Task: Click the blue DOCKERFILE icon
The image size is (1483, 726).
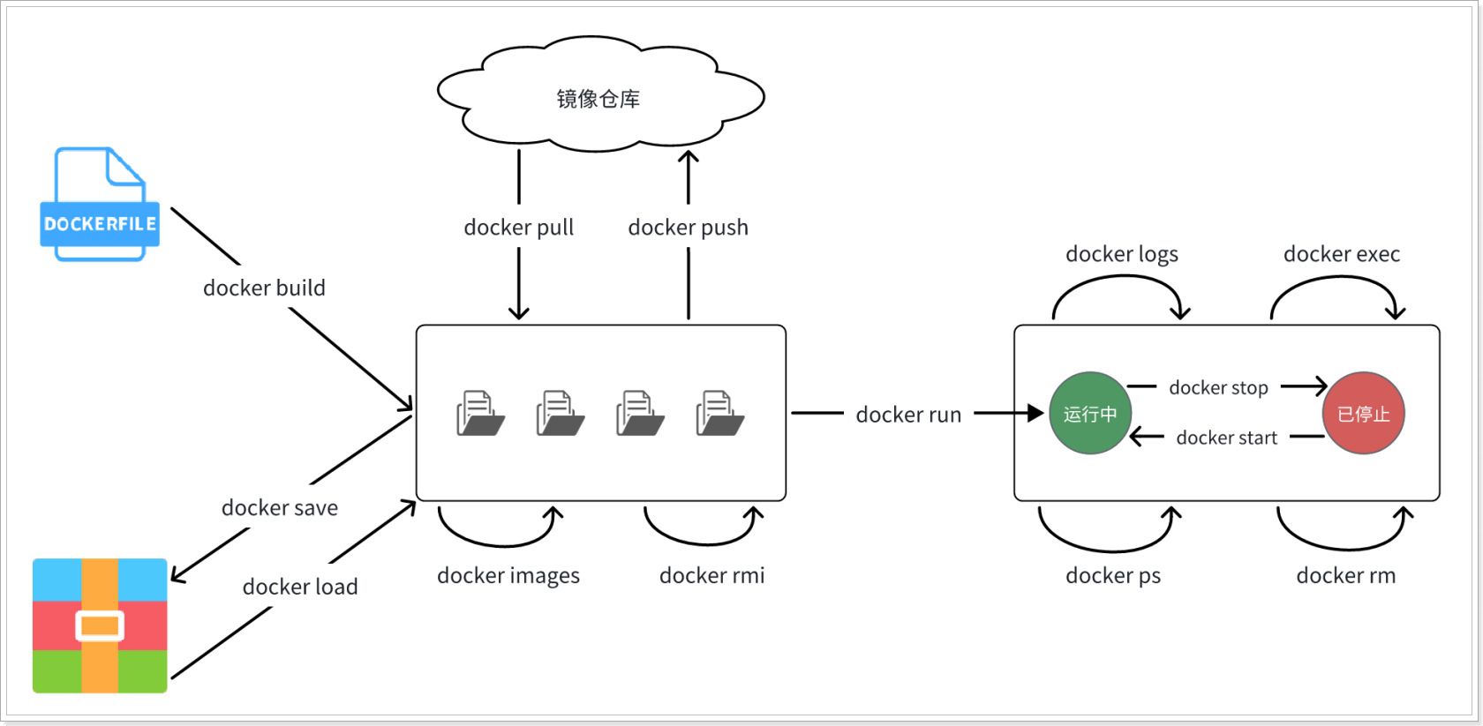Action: (x=100, y=204)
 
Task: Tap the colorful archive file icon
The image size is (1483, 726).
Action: (x=100, y=625)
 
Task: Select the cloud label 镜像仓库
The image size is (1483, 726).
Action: (x=598, y=99)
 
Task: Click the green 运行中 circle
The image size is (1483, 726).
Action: (x=1089, y=413)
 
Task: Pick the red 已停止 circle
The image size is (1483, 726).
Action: (x=1363, y=413)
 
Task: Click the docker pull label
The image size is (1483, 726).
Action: (x=518, y=228)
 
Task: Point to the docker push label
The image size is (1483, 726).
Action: (x=689, y=228)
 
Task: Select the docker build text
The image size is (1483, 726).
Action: (x=264, y=288)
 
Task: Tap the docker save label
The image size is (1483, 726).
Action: (x=279, y=507)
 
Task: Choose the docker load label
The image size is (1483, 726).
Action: (x=300, y=587)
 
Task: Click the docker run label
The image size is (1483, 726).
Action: (x=908, y=415)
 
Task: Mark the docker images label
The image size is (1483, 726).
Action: (x=508, y=576)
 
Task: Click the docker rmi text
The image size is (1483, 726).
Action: (x=711, y=575)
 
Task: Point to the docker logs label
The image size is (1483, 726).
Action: (x=1121, y=254)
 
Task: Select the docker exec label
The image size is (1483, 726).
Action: (x=1342, y=253)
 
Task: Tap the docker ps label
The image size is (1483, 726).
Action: (x=1113, y=576)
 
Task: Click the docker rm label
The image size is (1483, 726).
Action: (x=1346, y=575)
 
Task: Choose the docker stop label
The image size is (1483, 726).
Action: (x=1218, y=388)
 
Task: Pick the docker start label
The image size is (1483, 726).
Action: (x=1227, y=438)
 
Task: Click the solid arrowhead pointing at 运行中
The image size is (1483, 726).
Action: (x=1035, y=413)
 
